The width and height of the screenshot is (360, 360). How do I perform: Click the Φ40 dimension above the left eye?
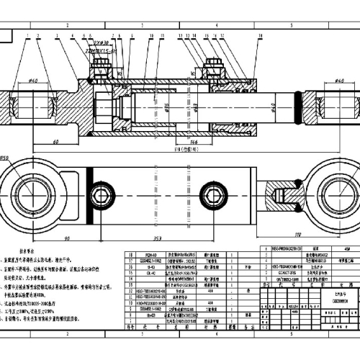33,80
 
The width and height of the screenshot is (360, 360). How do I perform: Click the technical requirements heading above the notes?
32,246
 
